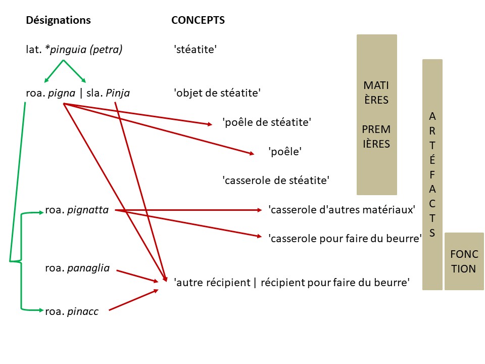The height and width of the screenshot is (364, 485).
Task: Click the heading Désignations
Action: (x=58, y=20)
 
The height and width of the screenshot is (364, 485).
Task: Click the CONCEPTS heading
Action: (x=198, y=20)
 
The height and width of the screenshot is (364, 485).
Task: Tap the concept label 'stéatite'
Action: (x=195, y=50)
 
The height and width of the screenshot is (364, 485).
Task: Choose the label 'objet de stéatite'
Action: (x=217, y=93)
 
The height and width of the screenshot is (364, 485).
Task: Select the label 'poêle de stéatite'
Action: (x=266, y=122)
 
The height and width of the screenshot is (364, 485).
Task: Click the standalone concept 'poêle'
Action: (x=285, y=151)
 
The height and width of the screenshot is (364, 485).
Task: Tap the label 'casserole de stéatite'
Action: (x=276, y=180)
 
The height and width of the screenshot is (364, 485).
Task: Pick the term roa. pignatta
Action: (x=77, y=209)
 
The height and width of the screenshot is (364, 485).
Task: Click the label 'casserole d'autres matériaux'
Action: (x=342, y=209)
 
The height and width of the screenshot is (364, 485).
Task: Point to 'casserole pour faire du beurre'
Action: (x=345, y=239)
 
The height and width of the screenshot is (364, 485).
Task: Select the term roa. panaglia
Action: (x=77, y=268)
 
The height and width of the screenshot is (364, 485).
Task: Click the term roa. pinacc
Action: (x=71, y=312)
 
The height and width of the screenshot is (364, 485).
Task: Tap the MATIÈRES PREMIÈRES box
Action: (x=376, y=115)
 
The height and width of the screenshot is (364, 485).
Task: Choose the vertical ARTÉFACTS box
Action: (x=432, y=174)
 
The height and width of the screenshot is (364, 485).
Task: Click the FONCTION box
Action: (x=463, y=261)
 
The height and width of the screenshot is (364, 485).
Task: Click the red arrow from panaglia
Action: (x=136, y=276)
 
